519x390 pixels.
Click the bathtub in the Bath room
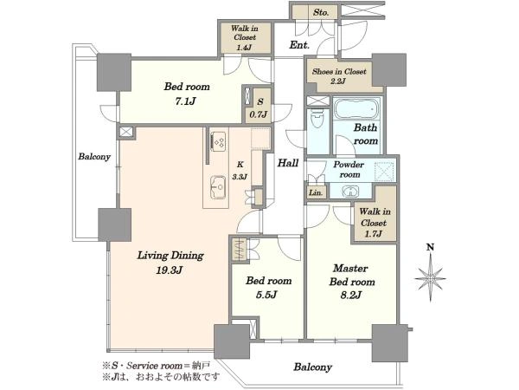[x=356, y=108]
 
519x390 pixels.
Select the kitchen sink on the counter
[x=219, y=187]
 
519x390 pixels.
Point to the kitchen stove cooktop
[x=219, y=142]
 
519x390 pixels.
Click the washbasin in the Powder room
[x=350, y=192]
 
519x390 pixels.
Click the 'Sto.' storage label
[x=321, y=13]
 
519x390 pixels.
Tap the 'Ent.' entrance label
[x=299, y=45]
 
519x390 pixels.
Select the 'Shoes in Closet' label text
[x=339, y=71]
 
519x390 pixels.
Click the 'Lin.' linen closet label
[x=316, y=192]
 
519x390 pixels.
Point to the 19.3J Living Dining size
[x=170, y=270]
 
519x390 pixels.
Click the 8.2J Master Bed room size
[x=351, y=295]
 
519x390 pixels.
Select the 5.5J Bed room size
[x=266, y=295]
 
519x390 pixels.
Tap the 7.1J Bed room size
[x=186, y=101]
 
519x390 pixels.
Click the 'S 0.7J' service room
[x=259, y=108]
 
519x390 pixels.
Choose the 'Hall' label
[x=288, y=163]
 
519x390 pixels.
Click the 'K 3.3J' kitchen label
[x=240, y=171]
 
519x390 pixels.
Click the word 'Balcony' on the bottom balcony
[x=313, y=367]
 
